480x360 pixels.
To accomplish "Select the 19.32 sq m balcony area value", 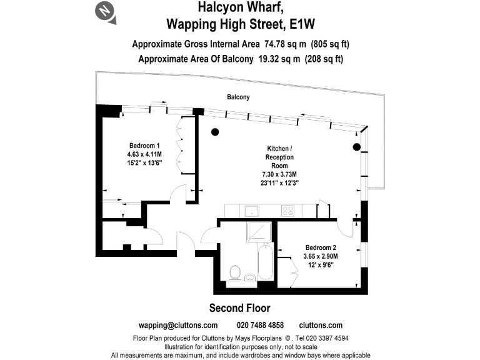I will point(272,59).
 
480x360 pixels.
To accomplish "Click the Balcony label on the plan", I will point(237,97).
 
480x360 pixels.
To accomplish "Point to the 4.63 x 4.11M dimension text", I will point(144,154).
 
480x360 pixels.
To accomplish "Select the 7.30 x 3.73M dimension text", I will point(279,174).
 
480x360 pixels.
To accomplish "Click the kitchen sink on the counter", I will point(253,211).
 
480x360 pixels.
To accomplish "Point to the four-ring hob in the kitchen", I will point(288,211).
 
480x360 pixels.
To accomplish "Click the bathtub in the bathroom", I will point(265,262).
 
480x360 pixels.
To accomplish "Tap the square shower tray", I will point(259,231).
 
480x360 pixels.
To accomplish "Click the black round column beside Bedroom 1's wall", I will point(215,132).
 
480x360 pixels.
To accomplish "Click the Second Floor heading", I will point(239,307).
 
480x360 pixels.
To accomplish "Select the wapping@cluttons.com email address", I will point(177,325).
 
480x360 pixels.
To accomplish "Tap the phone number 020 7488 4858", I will point(260,325).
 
